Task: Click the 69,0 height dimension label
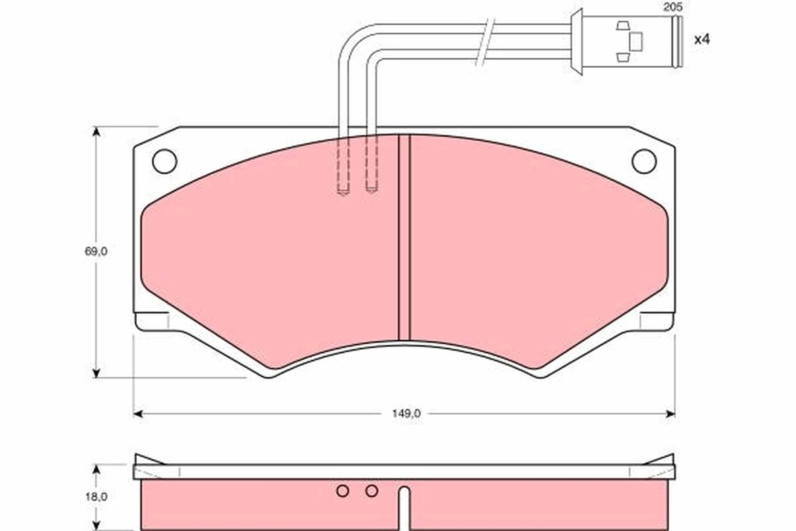pos(96,252)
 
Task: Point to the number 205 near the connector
pos(672,7)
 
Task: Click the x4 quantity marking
pos(701,40)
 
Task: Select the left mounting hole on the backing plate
pos(165,161)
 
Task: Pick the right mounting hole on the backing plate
pos(643,161)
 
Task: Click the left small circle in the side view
pos(342,491)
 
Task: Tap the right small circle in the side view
pos(371,491)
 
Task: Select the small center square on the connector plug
pos(635,41)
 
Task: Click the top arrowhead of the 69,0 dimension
pos(97,131)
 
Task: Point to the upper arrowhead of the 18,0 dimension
pos(97,469)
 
